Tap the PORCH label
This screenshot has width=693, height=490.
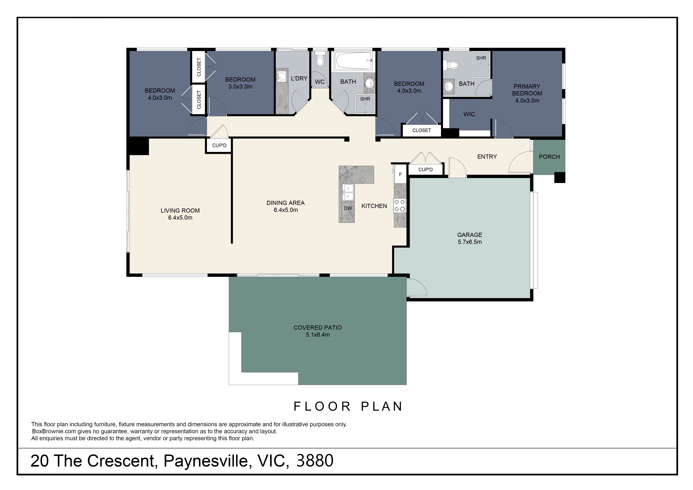[x=549, y=157]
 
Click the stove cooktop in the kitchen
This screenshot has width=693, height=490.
[x=400, y=206]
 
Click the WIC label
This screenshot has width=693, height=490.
[x=469, y=114]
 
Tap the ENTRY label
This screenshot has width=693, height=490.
[x=487, y=156]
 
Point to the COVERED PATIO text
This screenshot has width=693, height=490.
[x=318, y=328]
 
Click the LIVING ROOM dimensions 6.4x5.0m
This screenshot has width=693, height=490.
[x=180, y=218]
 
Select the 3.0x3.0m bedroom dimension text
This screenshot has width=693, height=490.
[x=240, y=87]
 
